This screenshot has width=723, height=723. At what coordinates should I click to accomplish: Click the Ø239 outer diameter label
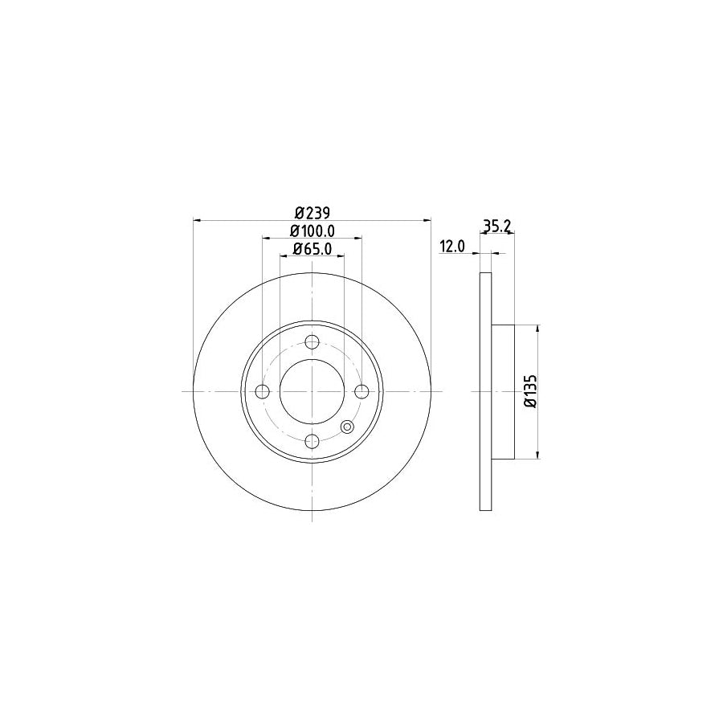312,213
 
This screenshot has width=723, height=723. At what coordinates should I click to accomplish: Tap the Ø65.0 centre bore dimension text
312,248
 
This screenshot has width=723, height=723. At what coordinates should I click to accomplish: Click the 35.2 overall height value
497,227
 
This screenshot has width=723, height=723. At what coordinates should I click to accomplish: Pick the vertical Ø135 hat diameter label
529,392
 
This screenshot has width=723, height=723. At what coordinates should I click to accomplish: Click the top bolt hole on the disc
312,341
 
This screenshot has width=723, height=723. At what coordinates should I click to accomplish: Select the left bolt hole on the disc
262,391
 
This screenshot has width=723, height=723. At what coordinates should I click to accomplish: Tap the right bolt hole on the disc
362,391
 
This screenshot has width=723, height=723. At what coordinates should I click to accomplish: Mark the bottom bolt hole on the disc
312,440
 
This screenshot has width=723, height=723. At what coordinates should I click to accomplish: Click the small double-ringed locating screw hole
348,427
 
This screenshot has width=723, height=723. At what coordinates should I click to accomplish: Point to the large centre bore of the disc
312,391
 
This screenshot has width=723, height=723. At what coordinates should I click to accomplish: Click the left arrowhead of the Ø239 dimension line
198,220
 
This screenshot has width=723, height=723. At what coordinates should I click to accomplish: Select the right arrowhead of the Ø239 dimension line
427,220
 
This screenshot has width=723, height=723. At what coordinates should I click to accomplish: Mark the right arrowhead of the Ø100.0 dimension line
358,238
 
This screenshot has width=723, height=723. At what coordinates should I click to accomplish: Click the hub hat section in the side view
502,392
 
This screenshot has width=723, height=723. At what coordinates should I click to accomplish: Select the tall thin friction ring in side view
485,392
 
